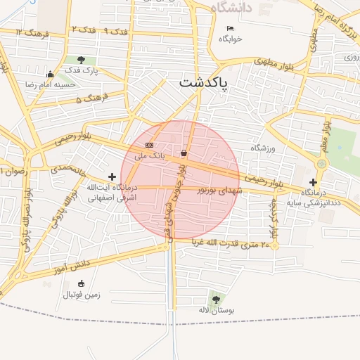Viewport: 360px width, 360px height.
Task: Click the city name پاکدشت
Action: click(204, 82)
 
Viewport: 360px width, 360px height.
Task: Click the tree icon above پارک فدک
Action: click(82, 60)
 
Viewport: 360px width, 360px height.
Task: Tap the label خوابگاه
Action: click(231, 39)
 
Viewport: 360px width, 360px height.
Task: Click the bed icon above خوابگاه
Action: click(231, 29)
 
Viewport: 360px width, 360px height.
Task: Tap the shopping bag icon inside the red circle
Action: click(184, 153)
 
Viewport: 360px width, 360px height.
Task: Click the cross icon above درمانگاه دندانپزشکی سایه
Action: click(314, 182)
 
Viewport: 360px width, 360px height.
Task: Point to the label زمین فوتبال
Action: click(82, 295)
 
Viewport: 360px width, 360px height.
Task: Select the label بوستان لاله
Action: click(215, 309)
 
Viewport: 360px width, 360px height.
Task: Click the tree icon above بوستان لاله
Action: click(215, 300)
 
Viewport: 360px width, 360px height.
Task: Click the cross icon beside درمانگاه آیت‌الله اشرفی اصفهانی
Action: click(112, 176)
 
